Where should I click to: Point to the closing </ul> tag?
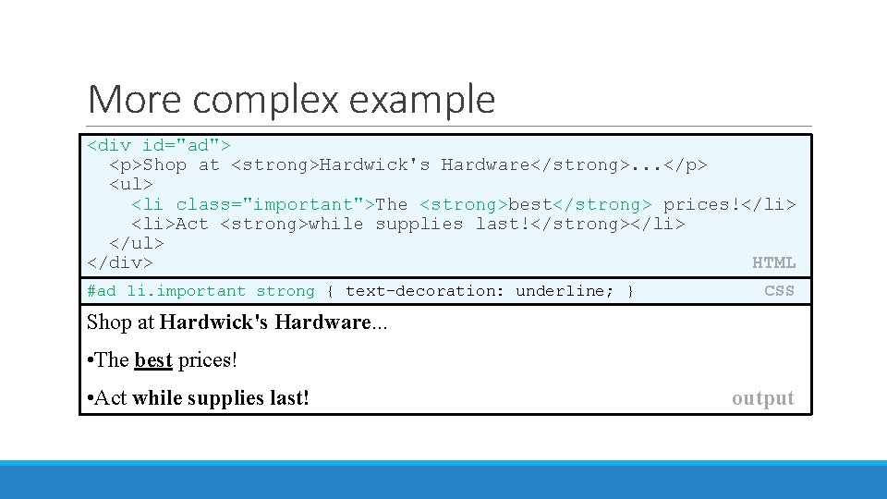pyautogui.click(x=136, y=243)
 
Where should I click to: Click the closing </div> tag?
pyautogui.click(x=119, y=263)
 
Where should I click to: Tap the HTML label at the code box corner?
pyautogui.click(x=773, y=263)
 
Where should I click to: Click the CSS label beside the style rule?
pyautogui.click(x=779, y=291)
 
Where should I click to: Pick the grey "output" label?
pyautogui.click(x=762, y=398)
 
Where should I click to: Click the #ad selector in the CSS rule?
pyautogui.click(x=102, y=291)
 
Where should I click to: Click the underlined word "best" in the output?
pyautogui.click(x=153, y=360)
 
